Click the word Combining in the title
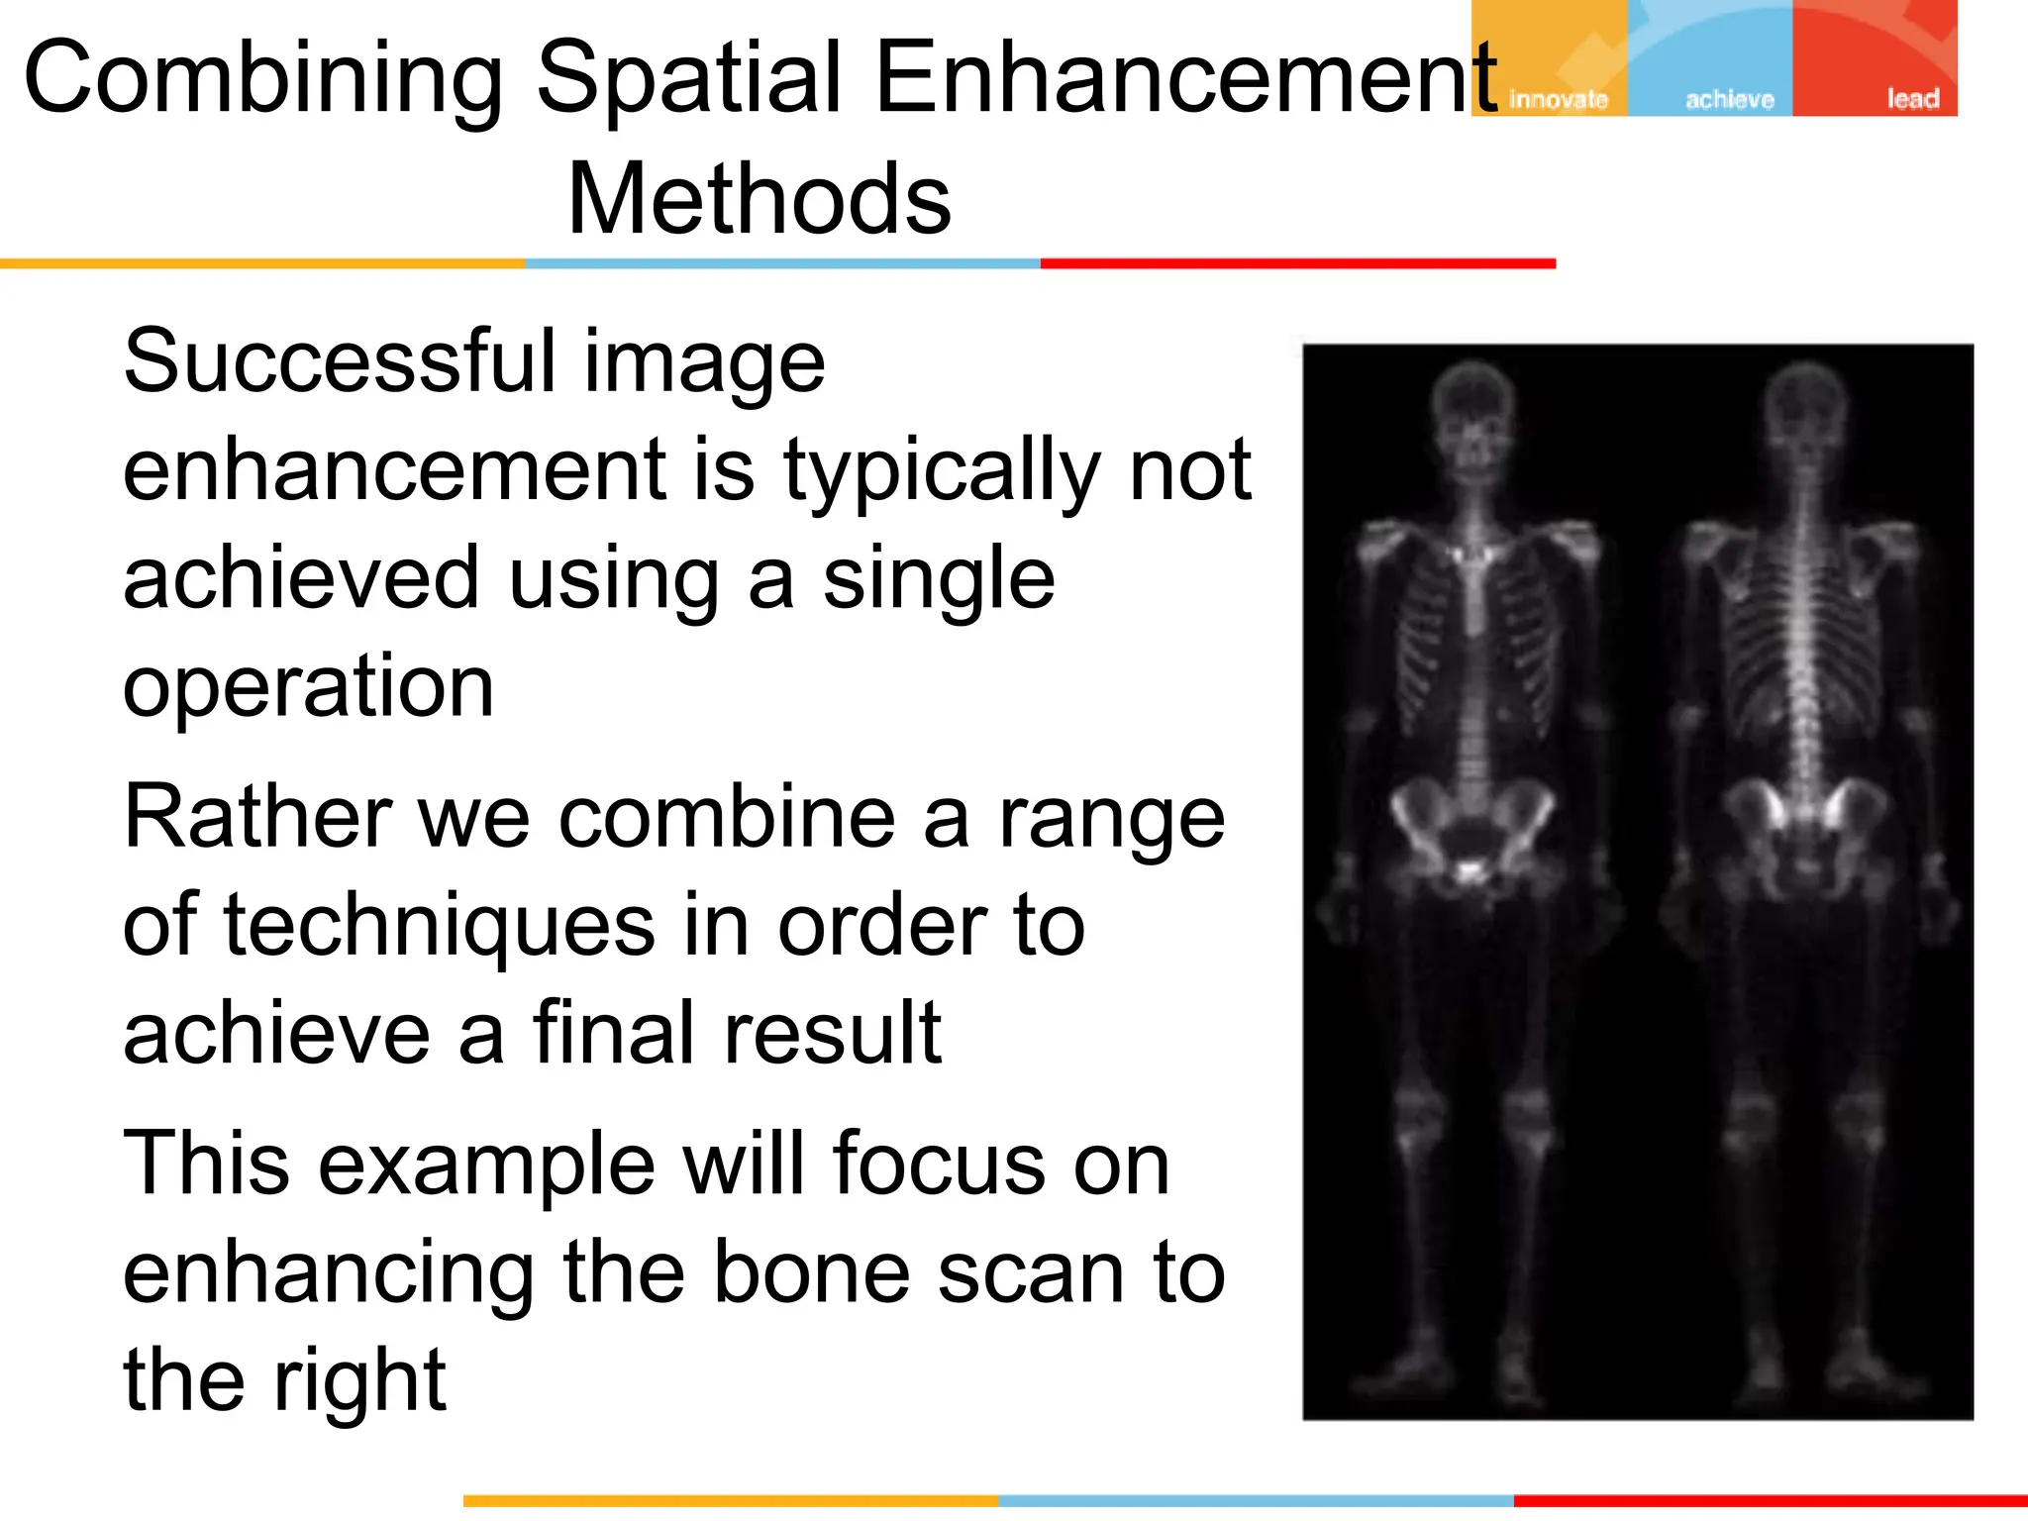click(x=262, y=79)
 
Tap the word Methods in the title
click(x=759, y=200)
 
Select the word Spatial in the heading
click(x=688, y=79)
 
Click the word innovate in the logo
click(x=1558, y=99)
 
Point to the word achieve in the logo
click(x=1729, y=99)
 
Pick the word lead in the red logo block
click(x=1912, y=99)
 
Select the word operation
click(x=308, y=686)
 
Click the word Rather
click(x=257, y=818)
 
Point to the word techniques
click(x=440, y=926)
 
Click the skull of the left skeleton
click(x=1473, y=406)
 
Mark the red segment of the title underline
click(x=1297, y=263)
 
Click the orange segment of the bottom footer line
click(x=730, y=1501)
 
